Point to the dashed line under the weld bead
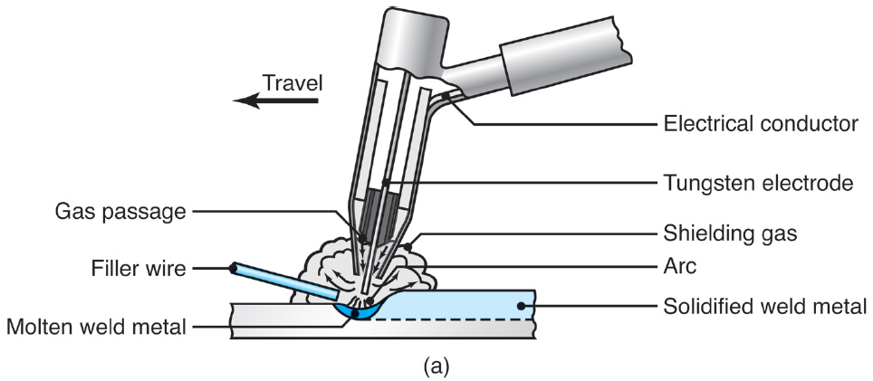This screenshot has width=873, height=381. [453, 319]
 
